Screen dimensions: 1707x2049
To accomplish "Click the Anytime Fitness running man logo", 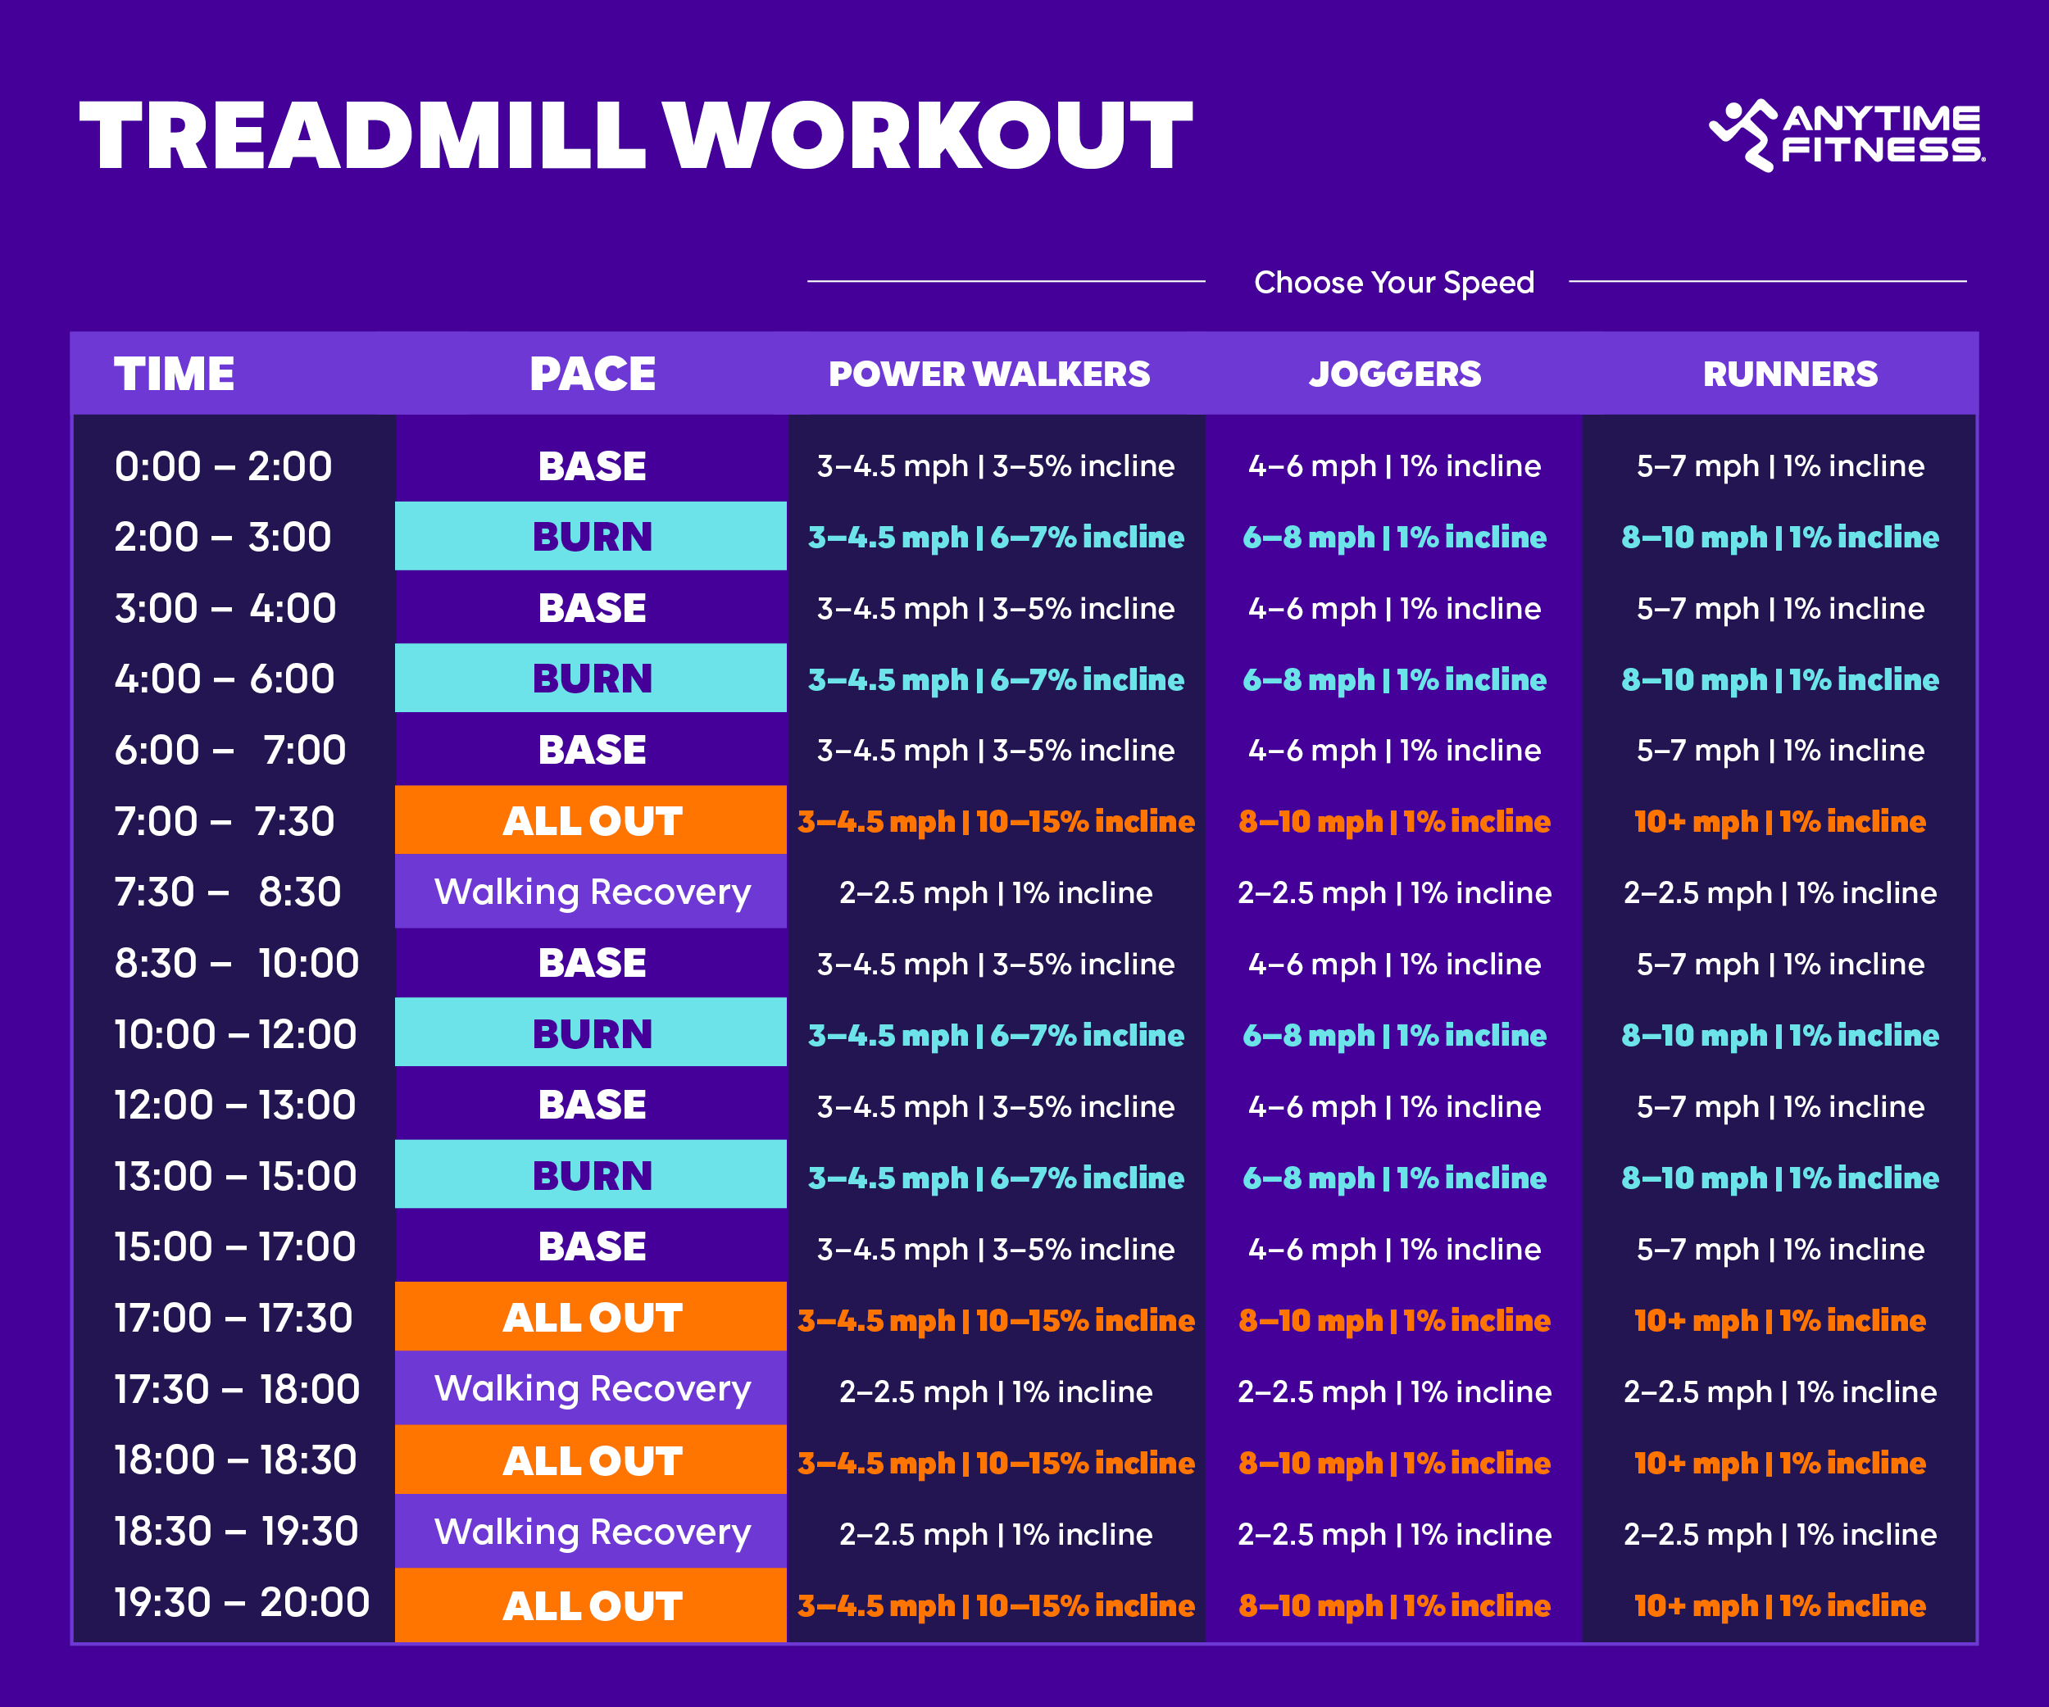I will pos(1742,134).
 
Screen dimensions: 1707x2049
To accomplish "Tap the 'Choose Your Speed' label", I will pos(1393,283).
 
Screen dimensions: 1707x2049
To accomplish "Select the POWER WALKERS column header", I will pos(988,374).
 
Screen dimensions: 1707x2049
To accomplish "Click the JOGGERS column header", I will pos(1394,374).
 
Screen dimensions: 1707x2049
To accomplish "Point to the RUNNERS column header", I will pos(1789,374).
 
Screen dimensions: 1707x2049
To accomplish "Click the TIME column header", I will pos(174,374).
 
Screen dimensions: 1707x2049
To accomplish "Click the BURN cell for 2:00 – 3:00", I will pos(591,537).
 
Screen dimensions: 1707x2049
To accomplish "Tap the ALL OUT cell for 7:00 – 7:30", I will pos(591,820).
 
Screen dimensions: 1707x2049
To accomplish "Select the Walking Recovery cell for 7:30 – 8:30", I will pos(591,892).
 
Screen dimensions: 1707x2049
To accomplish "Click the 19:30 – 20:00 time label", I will pos(241,1603).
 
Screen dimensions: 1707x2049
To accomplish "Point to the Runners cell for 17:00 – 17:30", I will pos(1779,1319).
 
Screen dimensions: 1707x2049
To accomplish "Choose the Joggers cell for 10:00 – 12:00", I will pos(1394,1035).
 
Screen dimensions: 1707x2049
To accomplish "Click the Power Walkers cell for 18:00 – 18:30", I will pos(995,1462).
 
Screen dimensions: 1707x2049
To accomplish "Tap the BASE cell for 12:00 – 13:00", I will pos(591,1105).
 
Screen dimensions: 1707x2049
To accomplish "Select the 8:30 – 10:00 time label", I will pos(236,964).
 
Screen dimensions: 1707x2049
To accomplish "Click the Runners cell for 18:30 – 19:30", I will pos(1779,1533).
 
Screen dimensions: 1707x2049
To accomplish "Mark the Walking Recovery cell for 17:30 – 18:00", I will pos(591,1389).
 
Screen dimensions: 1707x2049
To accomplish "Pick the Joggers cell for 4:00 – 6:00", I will pos(1394,679).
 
